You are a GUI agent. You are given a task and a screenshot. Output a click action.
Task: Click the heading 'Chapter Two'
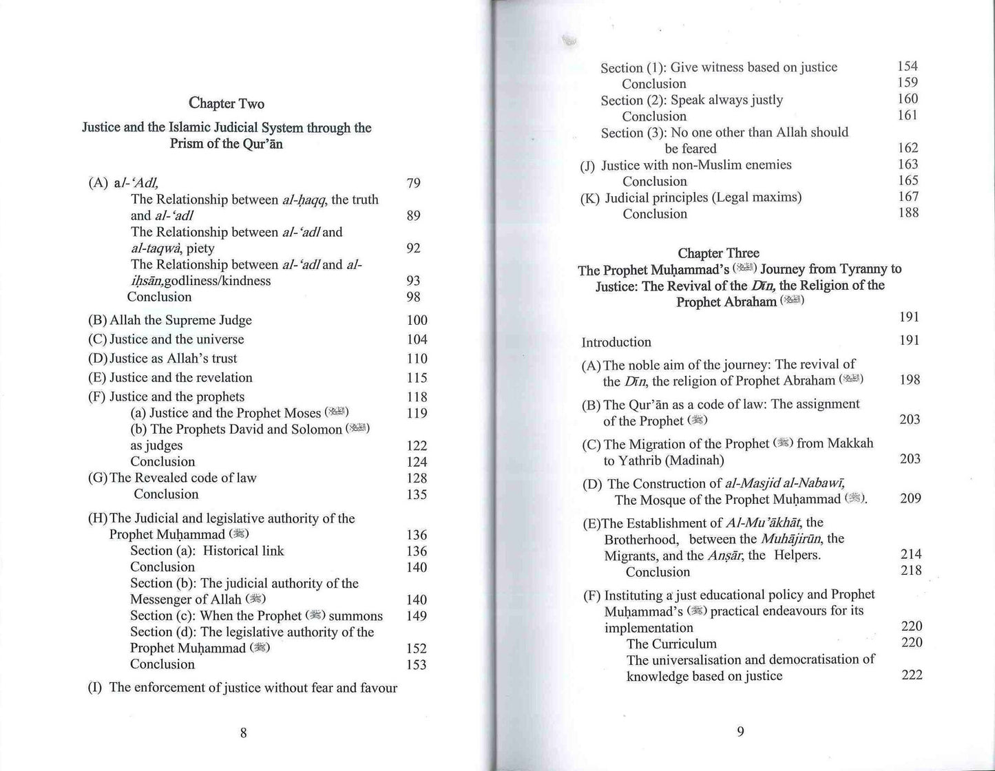tap(227, 104)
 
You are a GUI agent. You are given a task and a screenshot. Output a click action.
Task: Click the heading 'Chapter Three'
tap(718, 253)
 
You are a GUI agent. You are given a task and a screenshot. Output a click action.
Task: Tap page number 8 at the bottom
tap(243, 732)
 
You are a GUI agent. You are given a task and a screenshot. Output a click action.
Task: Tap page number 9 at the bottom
tap(740, 732)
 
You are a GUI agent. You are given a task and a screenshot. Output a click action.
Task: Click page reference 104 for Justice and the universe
tap(417, 339)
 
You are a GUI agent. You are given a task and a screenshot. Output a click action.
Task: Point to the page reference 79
tap(413, 183)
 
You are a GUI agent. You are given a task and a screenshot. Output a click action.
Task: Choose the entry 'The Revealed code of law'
tap(182, 478)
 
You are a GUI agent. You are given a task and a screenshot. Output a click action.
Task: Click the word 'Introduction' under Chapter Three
tap(616, 342)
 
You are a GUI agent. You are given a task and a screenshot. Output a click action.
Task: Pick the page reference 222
tap(911, 675)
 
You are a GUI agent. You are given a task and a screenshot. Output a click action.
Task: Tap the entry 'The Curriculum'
tap(671, 644)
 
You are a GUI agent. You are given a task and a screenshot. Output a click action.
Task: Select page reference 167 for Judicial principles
tap(908, 197)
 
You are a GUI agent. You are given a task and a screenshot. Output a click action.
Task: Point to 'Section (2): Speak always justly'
tap(692, 101)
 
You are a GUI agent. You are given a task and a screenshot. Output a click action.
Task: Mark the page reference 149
tap(417, 616)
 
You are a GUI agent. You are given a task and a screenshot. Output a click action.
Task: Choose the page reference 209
tap(910, 498)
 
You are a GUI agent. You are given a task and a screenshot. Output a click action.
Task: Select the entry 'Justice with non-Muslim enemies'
tap(696, 165)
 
